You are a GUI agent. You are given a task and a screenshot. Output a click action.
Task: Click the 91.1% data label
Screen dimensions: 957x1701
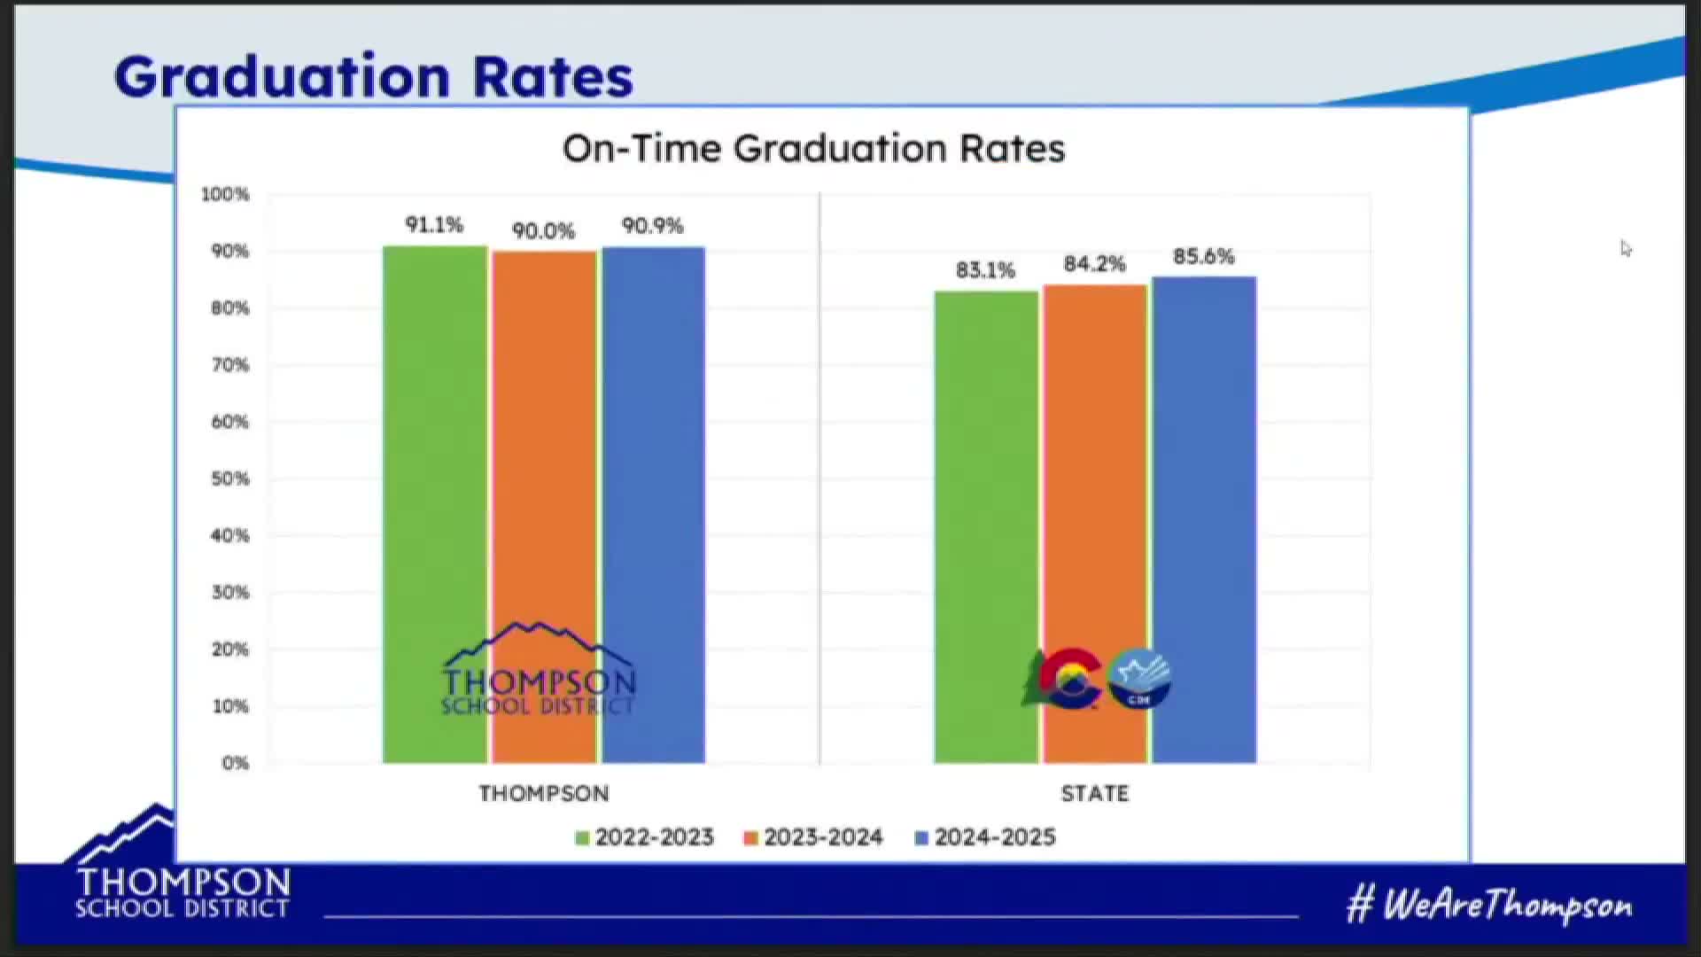[x=434, y=225]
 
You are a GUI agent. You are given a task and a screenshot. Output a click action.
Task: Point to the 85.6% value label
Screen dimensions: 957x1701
[x=1203, y=257]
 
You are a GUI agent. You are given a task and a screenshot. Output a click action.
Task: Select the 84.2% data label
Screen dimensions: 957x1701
[x=1094, y=264]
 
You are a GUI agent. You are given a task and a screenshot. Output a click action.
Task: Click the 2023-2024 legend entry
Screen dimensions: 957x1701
[x=814, y=837]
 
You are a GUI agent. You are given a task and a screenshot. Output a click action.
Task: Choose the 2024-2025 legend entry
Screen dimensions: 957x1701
[x=985, y=837]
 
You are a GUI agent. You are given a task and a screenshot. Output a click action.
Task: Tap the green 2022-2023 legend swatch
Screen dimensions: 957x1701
[x=582, y=838]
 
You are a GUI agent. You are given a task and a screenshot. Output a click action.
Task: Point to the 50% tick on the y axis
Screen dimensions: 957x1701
[x=230, y=479]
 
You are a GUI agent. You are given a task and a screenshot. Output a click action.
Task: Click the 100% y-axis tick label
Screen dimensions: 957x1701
[x=225, y=194]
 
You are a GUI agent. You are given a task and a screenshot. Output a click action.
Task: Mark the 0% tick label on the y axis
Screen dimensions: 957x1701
[x=235, y=764]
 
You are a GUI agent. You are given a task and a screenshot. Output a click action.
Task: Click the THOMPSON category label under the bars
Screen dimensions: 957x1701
[x=544, y=794]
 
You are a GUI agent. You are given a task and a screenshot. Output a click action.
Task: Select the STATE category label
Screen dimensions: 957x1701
[x=1095, y=794]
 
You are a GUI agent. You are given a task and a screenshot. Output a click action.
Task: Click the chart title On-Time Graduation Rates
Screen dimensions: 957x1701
[x=813, y=149]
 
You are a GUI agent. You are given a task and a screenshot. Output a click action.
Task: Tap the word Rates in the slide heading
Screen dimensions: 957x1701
[x=553, y=77]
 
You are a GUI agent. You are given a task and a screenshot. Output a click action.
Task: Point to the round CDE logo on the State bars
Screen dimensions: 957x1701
[x=1139, y=680]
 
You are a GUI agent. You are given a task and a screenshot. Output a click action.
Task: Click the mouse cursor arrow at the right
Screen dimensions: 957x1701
[x=1626, y=249]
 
